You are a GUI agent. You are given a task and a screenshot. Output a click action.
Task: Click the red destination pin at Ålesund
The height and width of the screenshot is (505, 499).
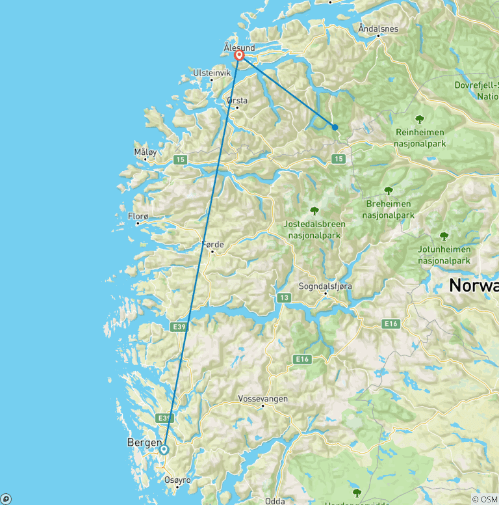[239, 56]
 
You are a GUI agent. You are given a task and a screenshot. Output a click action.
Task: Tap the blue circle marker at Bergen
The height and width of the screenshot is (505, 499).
[164, 449]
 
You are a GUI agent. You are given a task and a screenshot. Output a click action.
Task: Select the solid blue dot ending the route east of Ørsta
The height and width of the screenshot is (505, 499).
[335, 127]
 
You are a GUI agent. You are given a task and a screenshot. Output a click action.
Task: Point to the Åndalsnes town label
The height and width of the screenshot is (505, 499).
[378, 29]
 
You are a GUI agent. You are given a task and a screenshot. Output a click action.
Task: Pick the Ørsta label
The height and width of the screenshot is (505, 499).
[237, 101]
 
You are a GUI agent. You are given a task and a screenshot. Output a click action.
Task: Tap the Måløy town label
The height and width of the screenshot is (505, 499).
[146, 152]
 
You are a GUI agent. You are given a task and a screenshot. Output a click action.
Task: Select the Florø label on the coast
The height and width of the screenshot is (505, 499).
[138, 216]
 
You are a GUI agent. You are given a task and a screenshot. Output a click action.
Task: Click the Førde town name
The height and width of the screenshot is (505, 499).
[213, 245]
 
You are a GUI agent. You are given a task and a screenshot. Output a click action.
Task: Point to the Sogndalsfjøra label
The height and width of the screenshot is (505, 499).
[326, 286]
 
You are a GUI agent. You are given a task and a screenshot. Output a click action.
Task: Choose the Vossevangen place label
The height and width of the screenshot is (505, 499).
[263, 398]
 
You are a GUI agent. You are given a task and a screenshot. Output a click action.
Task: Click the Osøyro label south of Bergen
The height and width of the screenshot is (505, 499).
[178, 480]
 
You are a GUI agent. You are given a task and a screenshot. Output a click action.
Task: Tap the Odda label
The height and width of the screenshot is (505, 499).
[275, 500]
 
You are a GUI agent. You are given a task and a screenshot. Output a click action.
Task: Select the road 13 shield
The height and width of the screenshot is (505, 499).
[283, 297]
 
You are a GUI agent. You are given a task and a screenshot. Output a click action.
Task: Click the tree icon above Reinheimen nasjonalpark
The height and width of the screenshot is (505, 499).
[420, 119]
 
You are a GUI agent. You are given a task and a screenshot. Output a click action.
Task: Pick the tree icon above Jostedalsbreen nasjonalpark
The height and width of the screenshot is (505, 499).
[314, 211]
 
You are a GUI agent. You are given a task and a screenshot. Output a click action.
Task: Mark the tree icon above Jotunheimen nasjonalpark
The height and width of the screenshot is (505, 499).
[444, 236]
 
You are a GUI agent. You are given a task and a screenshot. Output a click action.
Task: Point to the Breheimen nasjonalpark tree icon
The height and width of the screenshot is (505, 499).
[389, 191]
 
